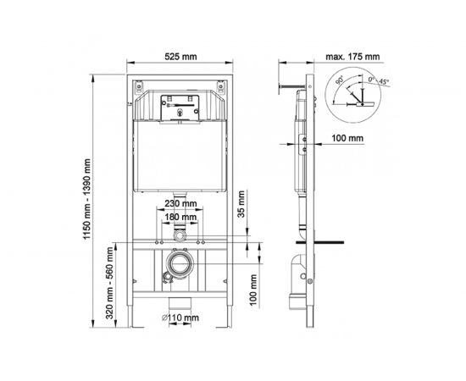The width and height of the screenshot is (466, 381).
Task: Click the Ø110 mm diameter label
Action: click(180, 318)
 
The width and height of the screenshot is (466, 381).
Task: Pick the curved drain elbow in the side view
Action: click(299, 270)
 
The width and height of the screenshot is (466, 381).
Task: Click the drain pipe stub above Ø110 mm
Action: click(179, 303)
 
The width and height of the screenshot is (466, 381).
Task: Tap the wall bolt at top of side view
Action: click(289, 86)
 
